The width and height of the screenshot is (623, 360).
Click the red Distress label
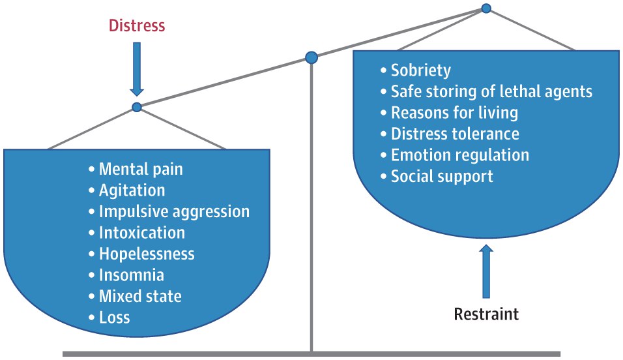137,25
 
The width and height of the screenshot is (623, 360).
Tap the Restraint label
486,314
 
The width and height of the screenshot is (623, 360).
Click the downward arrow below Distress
137,69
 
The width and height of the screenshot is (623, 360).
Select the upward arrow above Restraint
486,271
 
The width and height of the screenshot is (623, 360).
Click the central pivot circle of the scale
311,57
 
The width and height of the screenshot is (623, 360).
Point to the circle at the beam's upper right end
486,8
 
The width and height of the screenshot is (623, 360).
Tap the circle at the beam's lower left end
137,107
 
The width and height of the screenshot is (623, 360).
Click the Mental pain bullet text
141,169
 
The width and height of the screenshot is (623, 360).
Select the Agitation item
132,190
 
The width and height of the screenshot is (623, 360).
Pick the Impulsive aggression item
175,211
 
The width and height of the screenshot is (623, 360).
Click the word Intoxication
142,233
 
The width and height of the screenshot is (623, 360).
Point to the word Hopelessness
147,254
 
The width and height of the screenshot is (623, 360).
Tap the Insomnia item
132,275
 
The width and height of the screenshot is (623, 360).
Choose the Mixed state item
140,296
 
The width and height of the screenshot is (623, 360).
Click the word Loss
115,318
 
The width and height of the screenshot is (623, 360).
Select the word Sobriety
421,70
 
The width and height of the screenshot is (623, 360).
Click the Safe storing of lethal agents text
491,91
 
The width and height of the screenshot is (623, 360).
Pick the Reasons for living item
454,113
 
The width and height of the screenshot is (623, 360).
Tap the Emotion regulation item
460,155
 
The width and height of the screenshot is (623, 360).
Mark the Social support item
442,176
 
